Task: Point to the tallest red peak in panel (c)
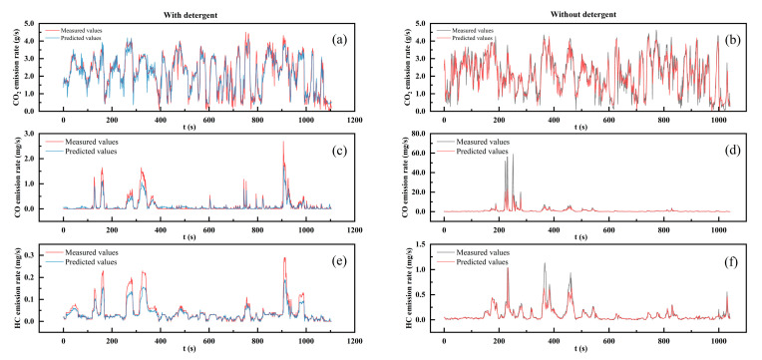pyautogui.click(x=282, y=142)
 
